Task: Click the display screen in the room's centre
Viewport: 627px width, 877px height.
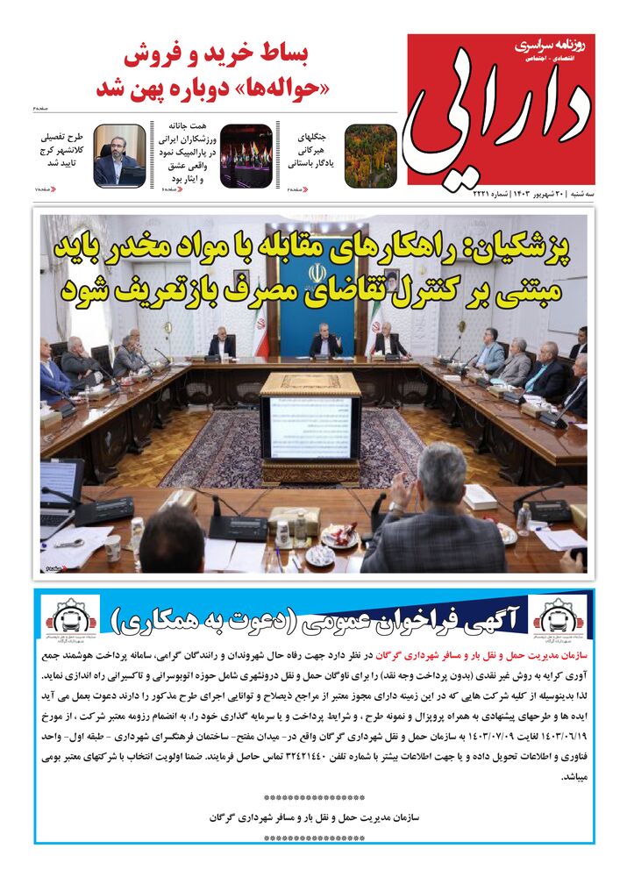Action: pos(310,427)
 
